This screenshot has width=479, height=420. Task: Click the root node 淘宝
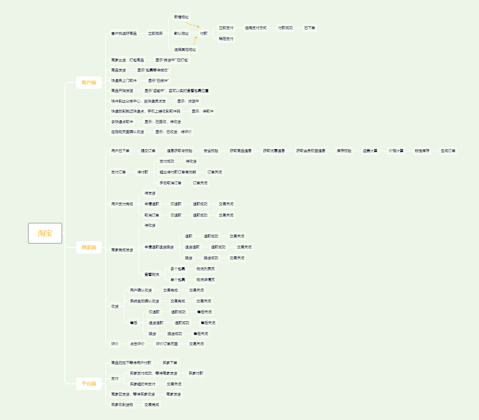point(45,233)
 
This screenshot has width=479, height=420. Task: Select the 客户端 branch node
point(89,83)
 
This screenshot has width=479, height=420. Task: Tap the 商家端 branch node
point(89,247)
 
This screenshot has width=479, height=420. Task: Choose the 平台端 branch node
point(89,384)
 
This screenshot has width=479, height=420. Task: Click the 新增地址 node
point(181,17)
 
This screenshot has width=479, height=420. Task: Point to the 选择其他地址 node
point(185,50)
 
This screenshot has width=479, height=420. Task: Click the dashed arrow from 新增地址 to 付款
point(193,25)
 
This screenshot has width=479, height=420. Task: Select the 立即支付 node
point(226,28)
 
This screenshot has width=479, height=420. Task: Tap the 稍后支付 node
point(226,39)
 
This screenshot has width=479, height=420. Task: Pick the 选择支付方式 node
point(256,28)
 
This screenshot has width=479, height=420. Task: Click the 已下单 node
point(310,28)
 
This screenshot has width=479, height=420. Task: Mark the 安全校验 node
point(211,151)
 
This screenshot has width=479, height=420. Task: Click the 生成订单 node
point(448,151)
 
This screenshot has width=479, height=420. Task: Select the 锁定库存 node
point(422,151)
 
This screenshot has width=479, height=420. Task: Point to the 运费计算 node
point(370,151)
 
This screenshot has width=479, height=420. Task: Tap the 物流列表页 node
point(206,269)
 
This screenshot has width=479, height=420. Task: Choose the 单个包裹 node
point(177,280)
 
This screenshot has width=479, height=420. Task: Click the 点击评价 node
point(137,344)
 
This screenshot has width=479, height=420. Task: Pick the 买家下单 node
point(170,363)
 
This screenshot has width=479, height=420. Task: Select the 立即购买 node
point(155,33)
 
